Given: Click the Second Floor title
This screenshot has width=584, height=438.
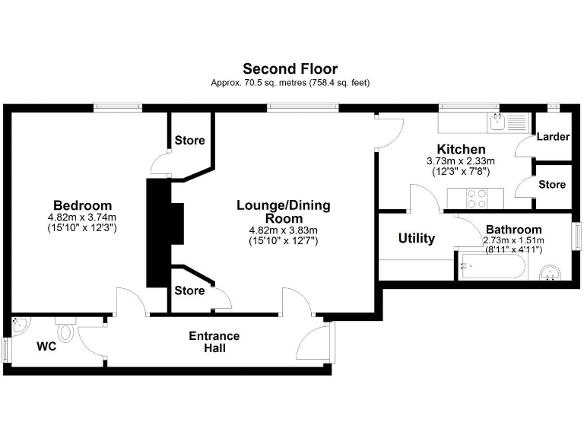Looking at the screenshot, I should tap(290, 69).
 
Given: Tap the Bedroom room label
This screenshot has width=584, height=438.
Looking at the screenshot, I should tap(82, 205).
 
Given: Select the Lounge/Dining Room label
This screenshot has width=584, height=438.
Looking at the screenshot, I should tap(283, 211).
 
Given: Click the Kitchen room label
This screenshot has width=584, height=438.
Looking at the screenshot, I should tap(461, 149).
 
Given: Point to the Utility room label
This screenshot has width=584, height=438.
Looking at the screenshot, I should tap(417, 239).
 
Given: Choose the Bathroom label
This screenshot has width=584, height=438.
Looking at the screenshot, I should tap(513, 230).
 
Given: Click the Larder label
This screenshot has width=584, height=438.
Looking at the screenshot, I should tap(553, 137).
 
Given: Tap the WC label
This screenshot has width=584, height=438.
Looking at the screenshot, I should tap(47, 347).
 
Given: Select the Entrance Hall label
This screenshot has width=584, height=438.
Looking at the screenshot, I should tap(214, 342).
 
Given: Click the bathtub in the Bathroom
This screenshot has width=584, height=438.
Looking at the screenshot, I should tap(491, 267).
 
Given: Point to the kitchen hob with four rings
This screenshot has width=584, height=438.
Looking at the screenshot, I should tap(476, 198).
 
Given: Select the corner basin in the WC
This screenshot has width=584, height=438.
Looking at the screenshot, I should tap(20, 326).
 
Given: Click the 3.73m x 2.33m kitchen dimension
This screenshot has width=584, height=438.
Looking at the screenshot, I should tap(461, 161).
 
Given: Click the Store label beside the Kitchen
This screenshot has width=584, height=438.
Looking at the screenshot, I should tap(552, 185).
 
